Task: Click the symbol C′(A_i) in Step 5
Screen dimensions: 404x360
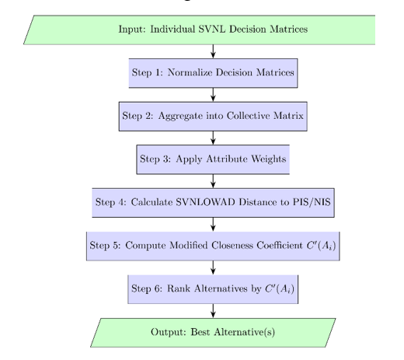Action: pos(321,246)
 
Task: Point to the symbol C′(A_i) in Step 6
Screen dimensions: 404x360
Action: pos(280,288)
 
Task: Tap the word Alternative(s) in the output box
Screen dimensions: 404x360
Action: pos(244,332)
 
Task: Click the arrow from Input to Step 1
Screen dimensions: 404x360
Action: pos(213,51)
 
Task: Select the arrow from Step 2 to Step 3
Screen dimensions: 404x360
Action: pos(213,138)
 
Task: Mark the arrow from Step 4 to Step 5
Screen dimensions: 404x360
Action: pos(213,224)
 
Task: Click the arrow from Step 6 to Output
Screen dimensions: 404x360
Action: pos(213,311)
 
